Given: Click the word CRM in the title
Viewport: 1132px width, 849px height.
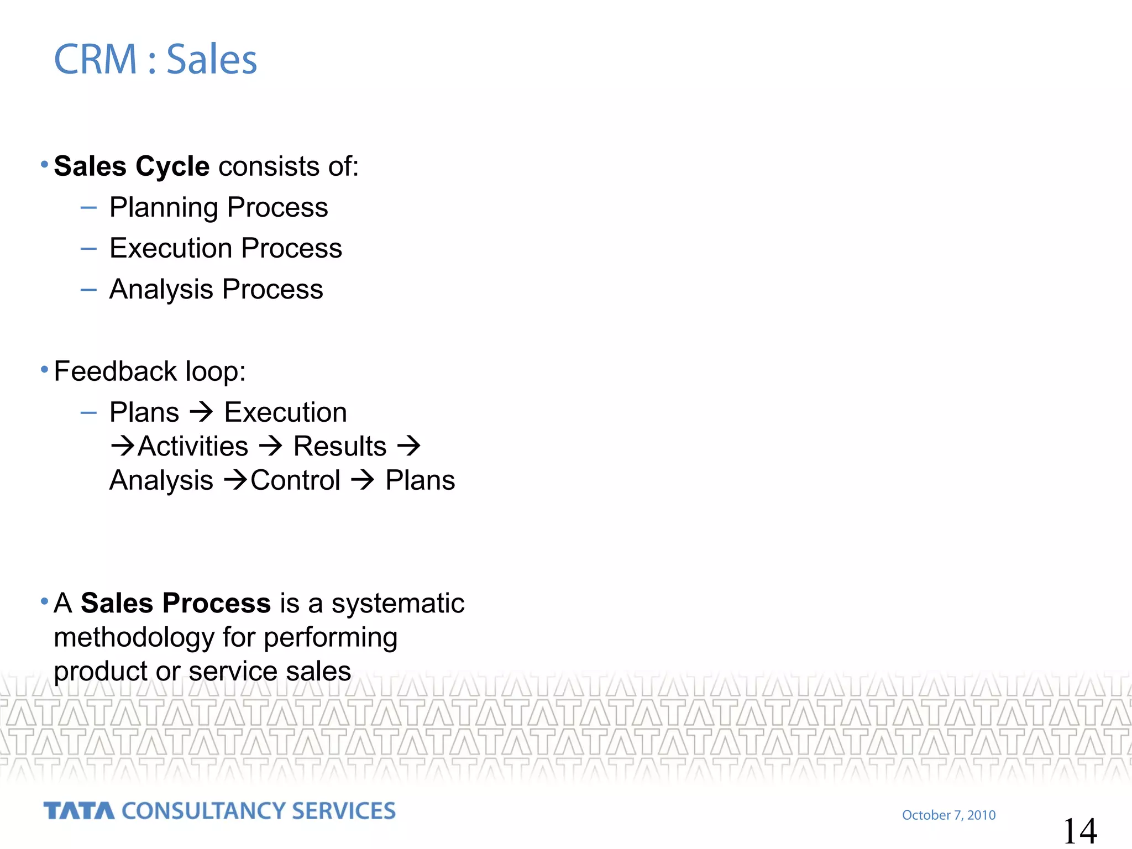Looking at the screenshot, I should [95, 59].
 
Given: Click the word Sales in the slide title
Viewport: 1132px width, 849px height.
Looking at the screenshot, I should [212, 59].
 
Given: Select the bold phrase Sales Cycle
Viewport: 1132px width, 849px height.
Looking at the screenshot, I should [132, 166].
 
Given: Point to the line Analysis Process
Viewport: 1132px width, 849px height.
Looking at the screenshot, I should [216, 290].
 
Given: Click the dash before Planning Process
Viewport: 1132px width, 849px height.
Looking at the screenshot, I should [88, 208].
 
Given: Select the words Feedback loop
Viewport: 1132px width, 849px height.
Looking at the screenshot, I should [149, 371].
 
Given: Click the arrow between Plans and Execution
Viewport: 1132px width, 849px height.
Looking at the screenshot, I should [201, 412].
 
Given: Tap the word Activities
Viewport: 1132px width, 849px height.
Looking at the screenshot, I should [193, 447].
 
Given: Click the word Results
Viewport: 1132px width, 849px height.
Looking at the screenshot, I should [339, 447].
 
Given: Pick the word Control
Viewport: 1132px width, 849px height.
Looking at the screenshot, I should [295, 480].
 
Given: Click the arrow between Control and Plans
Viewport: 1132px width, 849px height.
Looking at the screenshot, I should [363, 480].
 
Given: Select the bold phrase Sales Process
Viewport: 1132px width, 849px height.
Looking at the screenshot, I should [176, 603].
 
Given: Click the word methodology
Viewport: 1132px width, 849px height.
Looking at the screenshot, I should [133, 638].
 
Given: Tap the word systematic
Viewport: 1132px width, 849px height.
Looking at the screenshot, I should [397, 603].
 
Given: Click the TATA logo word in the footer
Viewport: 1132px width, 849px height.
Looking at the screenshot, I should [78, 811].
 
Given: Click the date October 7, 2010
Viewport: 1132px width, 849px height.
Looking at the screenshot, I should [948, 815].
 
